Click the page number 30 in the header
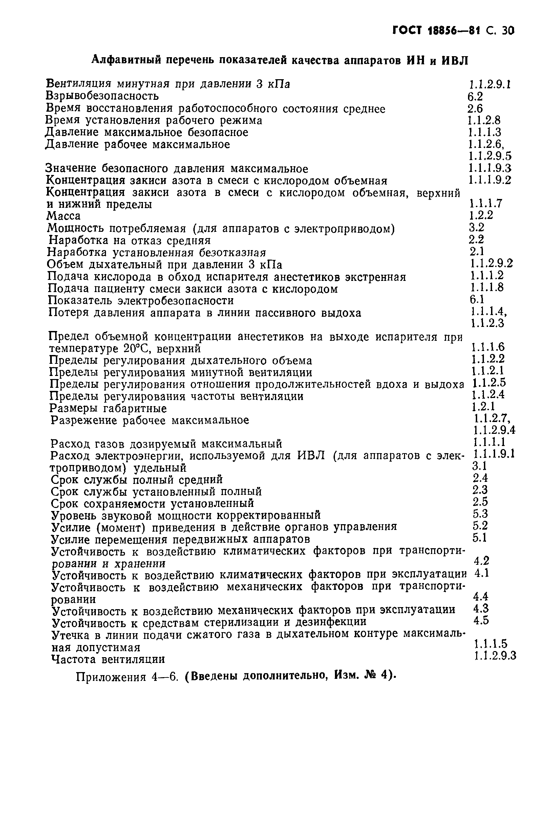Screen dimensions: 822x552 [508, 31]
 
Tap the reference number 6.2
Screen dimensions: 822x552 [475, 96]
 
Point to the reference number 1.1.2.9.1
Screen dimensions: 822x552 [489, 84]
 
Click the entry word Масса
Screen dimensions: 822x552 [64, 216]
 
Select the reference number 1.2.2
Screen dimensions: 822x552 [481, 215]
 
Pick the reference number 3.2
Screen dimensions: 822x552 [476, 227]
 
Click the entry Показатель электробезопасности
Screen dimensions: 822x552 [141, 301]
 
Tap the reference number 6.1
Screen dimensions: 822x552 [477, 299]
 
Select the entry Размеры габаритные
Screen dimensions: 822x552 [108, 408]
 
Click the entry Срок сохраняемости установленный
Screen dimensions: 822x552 [152, 504]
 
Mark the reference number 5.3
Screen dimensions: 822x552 [480, 514]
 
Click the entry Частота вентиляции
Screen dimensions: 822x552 [108, 659]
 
